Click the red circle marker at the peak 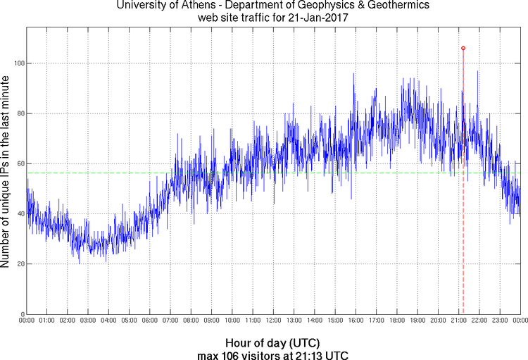[463, 48]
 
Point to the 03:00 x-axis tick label [88, 321]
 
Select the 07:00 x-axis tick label [170, 321]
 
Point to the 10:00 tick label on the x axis [232, 321]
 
